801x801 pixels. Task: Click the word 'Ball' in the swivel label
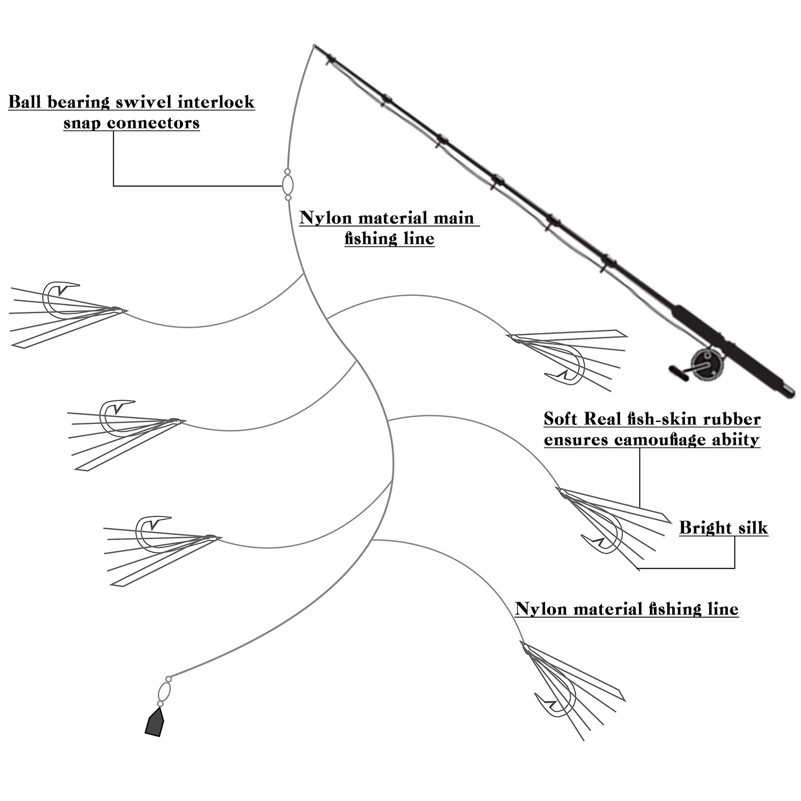[x=25, y=102]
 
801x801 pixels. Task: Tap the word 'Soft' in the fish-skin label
[x=560, y=419]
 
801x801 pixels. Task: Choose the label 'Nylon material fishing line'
[x=626, y=609]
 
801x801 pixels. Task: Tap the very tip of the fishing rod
[x=314, y=45]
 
